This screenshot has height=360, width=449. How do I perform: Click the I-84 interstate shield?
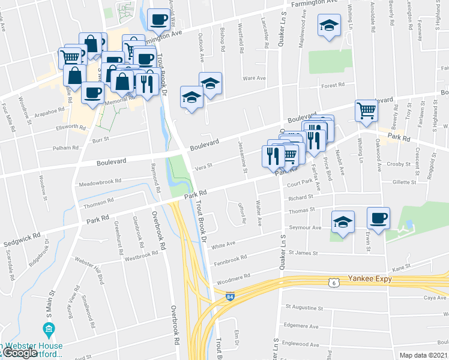tap(230, 296)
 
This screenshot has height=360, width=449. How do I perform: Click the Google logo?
tap(19, 353)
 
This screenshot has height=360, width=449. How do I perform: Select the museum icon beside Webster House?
tap(49, 329)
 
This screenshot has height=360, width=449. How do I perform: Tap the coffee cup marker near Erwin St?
tap(378, 218)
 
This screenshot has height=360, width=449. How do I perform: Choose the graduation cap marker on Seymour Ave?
tap(343, 222)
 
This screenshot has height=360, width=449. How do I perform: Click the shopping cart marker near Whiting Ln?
tap(366, 110)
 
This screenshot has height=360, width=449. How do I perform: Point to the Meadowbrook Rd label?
tap(100, 180)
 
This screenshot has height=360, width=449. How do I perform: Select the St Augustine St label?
tap(304, 308)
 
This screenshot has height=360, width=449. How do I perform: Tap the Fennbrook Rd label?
tap(231, 259)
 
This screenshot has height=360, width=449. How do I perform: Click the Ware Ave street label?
tap(253, 78)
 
